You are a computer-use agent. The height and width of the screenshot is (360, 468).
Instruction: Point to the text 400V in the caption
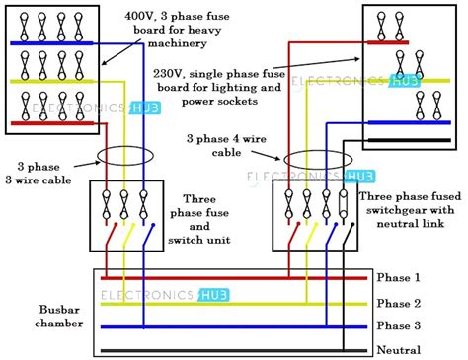click(141, 17)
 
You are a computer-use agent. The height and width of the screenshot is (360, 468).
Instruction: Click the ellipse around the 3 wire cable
click(120, 157)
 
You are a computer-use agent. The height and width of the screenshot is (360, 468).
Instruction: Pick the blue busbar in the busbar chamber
click(237, 325)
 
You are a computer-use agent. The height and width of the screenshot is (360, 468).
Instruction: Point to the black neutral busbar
click(237, 349)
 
